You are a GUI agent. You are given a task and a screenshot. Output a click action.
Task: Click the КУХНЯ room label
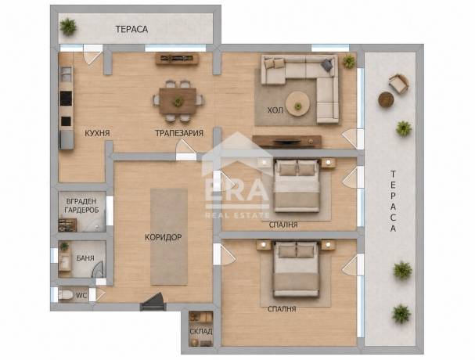pos(97,133)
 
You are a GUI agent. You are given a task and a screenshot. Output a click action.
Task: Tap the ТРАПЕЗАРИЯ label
pos(179,133)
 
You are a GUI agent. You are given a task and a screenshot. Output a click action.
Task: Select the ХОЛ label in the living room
pos(275,110)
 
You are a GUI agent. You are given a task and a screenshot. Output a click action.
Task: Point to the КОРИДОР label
pos(163,237)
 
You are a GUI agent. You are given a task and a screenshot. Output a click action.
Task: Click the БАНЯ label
pos(85,258)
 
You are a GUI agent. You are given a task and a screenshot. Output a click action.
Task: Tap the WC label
pos(81,296)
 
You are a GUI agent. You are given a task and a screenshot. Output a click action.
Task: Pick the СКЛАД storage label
pos(201,331)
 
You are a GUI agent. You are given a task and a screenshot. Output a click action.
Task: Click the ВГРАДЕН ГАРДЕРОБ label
pos(82,206)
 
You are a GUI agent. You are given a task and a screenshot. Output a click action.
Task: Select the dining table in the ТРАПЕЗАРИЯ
pos(178,101)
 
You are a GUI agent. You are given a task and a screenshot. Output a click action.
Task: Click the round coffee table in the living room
pos(298,103)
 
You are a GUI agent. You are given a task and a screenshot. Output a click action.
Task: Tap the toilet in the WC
pos(65,294)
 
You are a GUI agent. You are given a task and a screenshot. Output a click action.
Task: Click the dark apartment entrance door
pos(153,302)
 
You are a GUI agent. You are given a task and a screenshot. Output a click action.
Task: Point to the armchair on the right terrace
pos(398,83)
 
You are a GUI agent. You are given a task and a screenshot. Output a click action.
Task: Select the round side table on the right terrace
pos(386,99)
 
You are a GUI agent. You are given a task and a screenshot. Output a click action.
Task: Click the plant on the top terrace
pos(68,27)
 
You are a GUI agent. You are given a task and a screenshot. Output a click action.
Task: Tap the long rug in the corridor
pos(169,237)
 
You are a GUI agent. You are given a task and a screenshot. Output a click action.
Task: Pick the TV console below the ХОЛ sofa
pos(287,142)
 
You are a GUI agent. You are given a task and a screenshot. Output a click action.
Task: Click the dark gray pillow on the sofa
pos(326,65)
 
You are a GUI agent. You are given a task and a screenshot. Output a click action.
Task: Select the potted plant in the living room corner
pos(349,62)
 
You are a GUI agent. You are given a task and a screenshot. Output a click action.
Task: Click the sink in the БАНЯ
pos(64,261)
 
